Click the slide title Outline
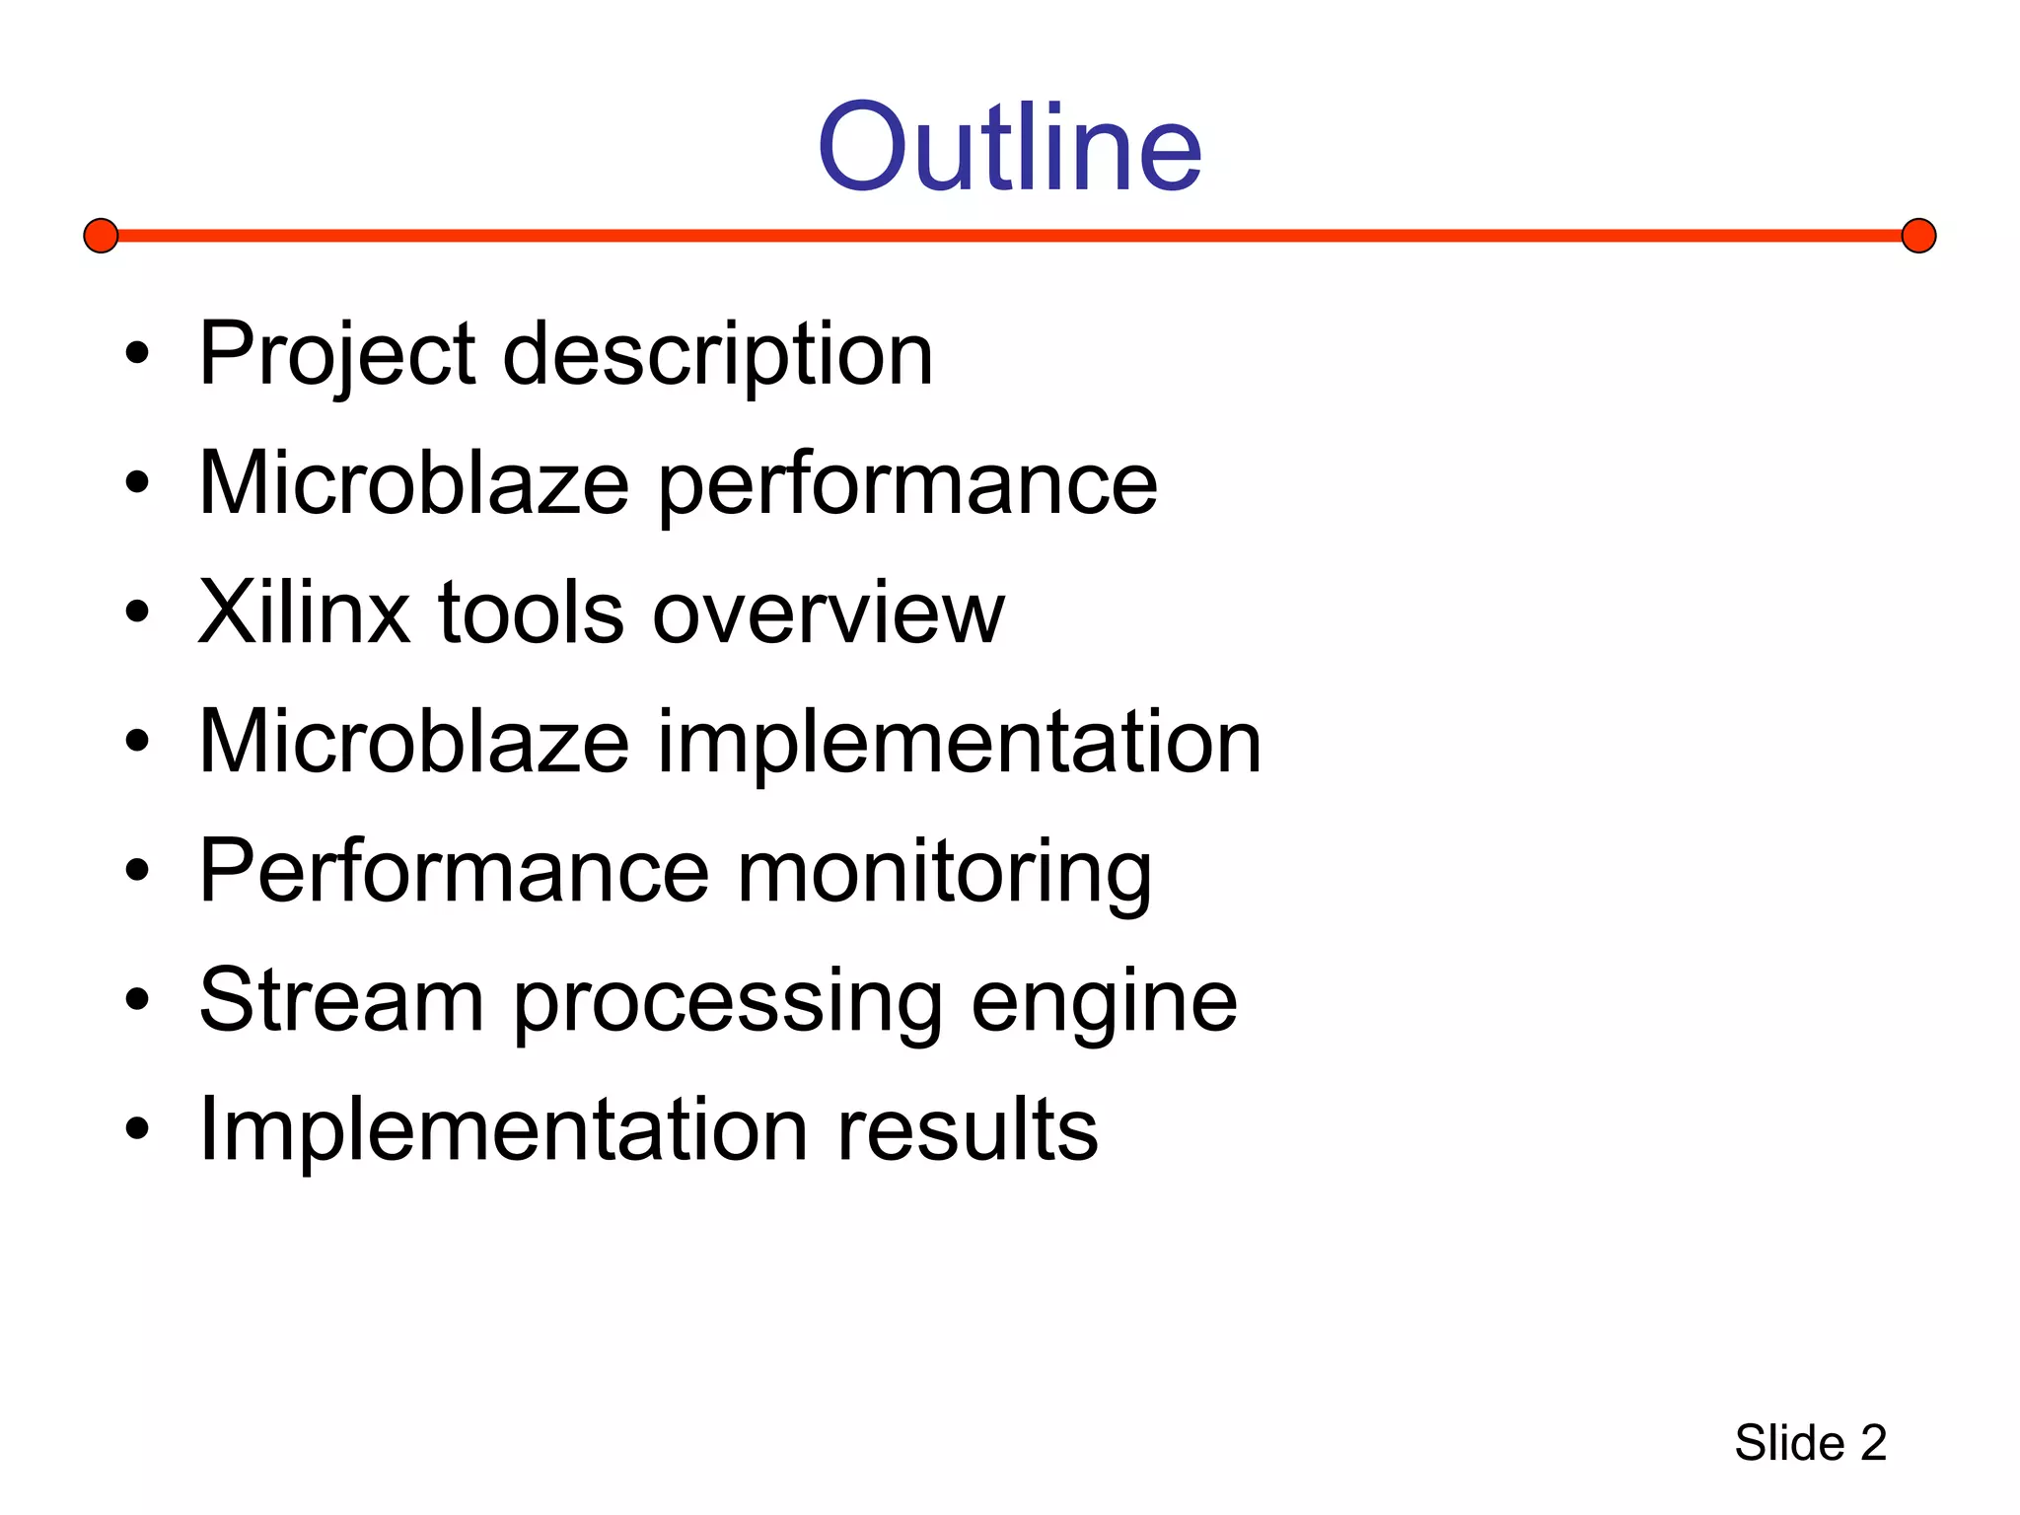(1009, 148)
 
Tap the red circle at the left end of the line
(101, 236)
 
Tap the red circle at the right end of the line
(1918, 236)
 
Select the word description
(717, 355)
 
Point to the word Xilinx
(304, 613)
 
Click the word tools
(531, 613)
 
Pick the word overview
(829, 613)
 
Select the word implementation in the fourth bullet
(959, 742)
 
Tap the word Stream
(341, 1000)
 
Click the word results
(967, 1129)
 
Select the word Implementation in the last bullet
(503, 1129)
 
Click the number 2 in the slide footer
(1873, 1443)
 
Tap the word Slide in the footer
(1789, 1443)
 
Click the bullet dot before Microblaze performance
(137, 483)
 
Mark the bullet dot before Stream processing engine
(137, 1000)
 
